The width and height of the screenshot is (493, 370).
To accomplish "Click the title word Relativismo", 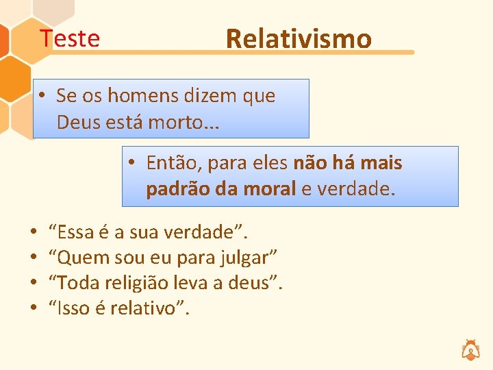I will (x=299, y=39).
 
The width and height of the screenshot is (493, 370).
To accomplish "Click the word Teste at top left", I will (x=69, y=38).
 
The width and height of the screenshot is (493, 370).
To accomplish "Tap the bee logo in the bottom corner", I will (x=471, y=349).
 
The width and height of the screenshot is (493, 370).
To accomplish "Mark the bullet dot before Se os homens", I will (x=42, y=96).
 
